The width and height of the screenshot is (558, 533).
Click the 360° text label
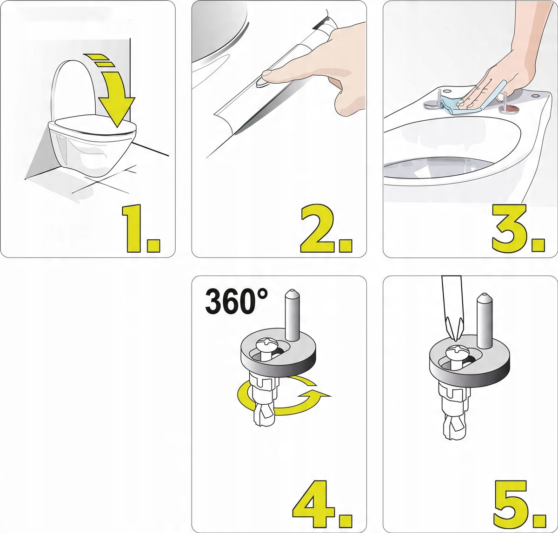click(x=236, y=302)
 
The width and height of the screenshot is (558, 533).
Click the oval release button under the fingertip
click(x=261, y=82)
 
